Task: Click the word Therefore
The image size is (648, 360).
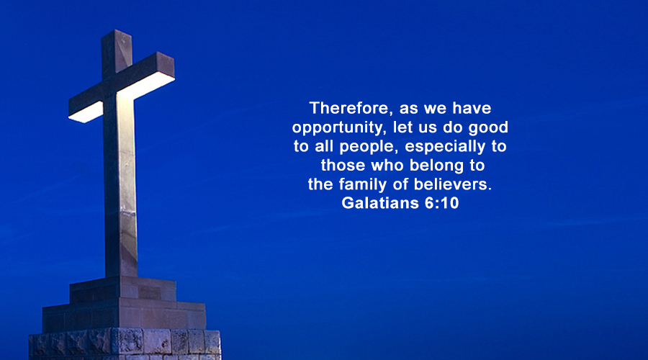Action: (349, 108)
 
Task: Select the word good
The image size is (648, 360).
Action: (488, 127)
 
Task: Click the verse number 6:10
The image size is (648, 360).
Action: (441, 203)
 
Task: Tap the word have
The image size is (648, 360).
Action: (472, 108)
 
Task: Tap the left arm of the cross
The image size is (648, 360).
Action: (86, 107)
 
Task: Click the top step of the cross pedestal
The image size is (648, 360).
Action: (123, 289)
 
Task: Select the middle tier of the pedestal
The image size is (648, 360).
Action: (124, 316)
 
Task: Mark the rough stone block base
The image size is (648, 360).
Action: (125, 344)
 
